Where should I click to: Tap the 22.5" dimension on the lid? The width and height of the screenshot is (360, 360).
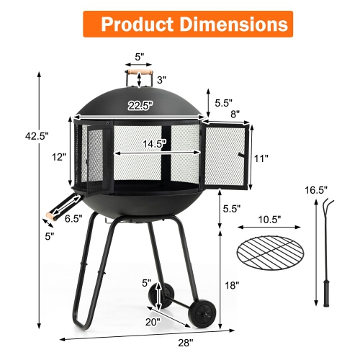tap(140, 105)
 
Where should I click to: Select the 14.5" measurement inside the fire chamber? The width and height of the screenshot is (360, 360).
tap(154, 143)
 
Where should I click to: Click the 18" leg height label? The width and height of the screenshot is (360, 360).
tap(231, 285)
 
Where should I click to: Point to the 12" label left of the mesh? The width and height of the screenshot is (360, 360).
tap(58, 156)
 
